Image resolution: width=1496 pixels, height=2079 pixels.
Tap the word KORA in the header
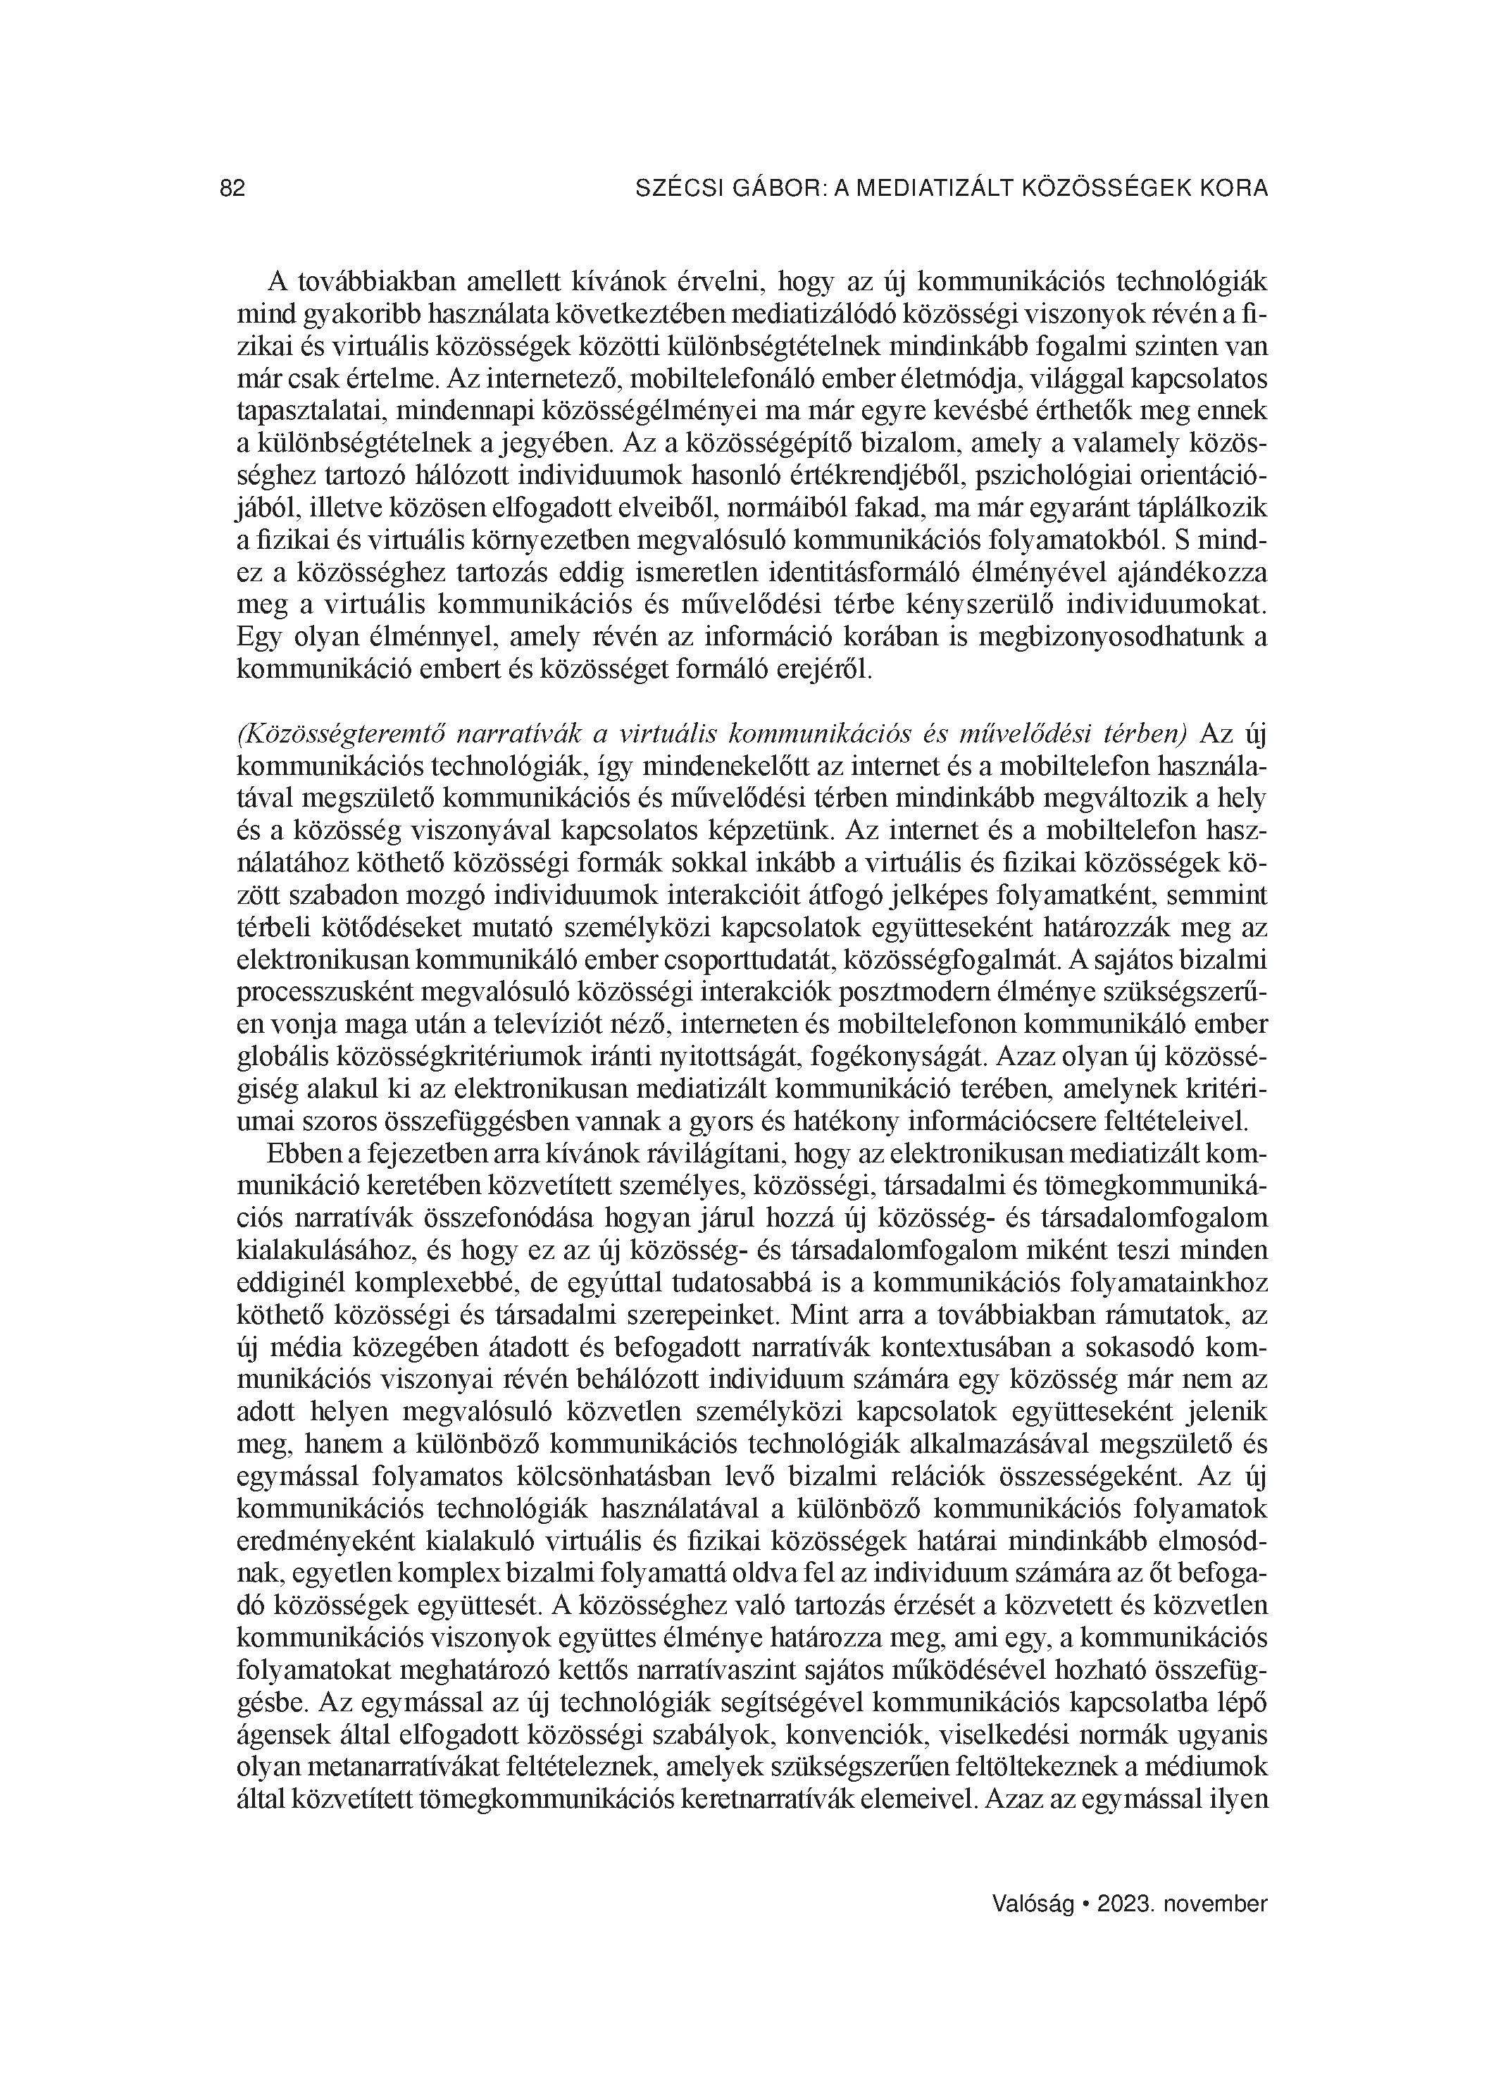pos(1237,189)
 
